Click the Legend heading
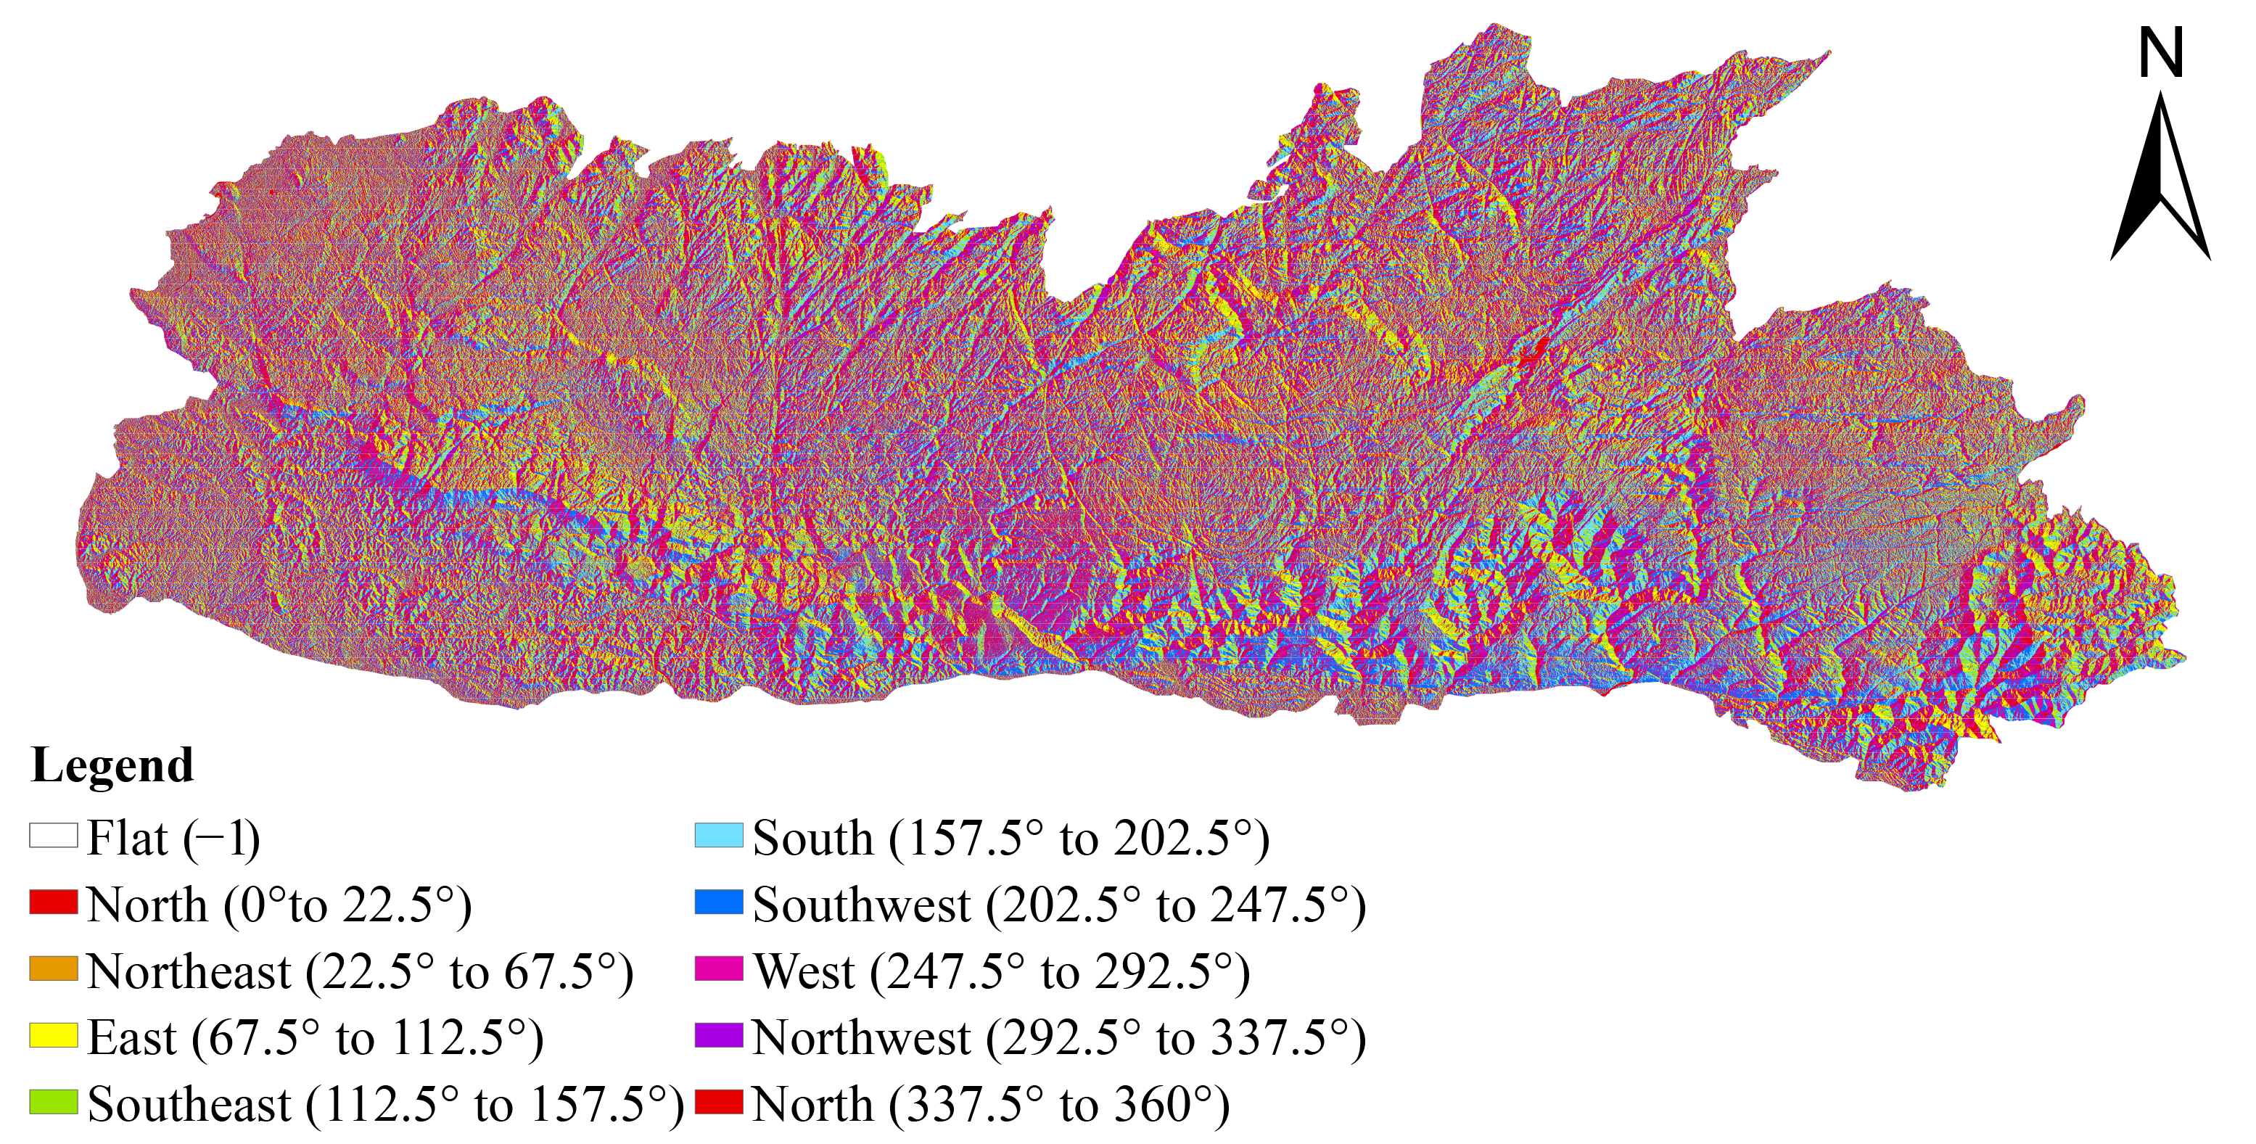[112, 765]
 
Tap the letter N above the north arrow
[2160, 54]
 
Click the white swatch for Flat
[54, 835]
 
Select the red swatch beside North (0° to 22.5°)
[54, 902]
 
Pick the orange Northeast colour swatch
[54, 968]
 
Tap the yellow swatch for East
[54, 1035]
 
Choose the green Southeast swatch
[54, 1102]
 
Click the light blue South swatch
[719, 835]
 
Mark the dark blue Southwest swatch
[719, 902]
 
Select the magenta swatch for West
[719, 968]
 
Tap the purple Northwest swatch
[719, 1035]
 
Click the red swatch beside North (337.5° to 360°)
[719, 1102]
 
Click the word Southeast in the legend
[189, 1105]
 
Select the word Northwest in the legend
[862, 1038]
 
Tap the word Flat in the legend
[127, 839]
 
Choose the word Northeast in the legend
[189, 971]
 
